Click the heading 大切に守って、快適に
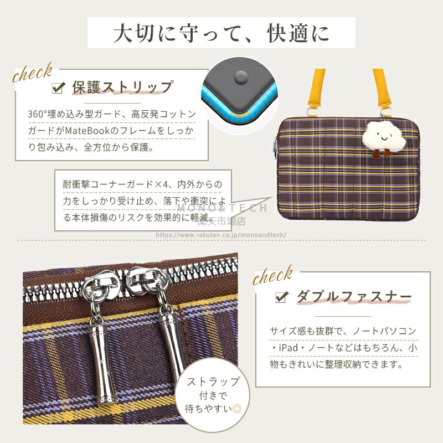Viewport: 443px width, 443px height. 221,33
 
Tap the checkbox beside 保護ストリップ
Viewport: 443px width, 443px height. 59,87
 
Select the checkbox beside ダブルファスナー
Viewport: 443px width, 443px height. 282,297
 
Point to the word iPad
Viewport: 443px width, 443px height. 288,348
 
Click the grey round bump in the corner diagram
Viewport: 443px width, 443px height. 241,77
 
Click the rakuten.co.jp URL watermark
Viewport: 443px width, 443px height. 221,235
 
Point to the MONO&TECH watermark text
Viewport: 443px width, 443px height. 222,208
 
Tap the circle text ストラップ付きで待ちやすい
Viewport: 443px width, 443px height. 213,395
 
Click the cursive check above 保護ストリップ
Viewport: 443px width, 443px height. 33,73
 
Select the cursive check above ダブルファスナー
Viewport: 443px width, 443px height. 273,275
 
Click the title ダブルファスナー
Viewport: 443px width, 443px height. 354,297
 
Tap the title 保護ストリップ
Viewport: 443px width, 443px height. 122,87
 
